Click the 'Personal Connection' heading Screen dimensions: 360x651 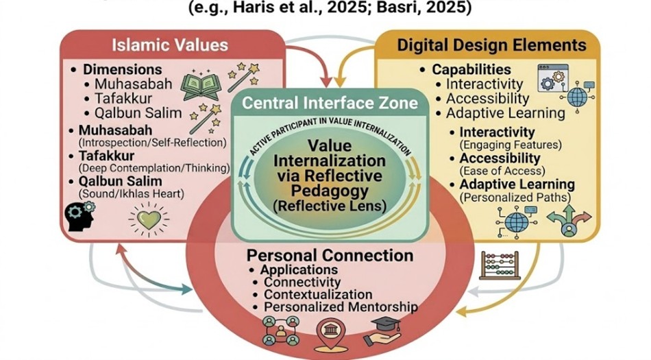[x=330, y=256]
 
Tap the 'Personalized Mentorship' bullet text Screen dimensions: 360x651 [x=341, y=307]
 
